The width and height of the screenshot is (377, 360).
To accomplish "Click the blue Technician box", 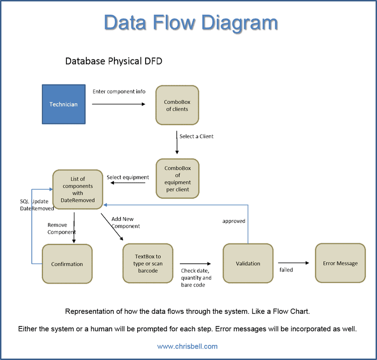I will (x=64, y=104).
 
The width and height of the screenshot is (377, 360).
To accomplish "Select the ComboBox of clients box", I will (x=177, y=106).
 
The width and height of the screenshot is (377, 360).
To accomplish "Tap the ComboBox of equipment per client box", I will (x=177, y=178).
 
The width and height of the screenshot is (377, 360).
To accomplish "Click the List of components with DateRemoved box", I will (x=78, y=190).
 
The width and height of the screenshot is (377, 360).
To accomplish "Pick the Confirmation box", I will (x=67, y=264).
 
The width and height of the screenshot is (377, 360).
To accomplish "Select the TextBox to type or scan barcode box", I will (x=148, y=263).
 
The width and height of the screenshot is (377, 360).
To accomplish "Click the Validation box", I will (x=248, y=263).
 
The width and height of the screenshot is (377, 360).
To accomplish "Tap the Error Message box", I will (x=340, y=263).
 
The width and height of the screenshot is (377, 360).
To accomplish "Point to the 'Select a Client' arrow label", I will (x=197, y=136).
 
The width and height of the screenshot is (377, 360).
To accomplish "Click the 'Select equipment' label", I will (x=128, y=177).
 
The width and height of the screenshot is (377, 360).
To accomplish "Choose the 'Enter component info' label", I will (x=119, y=91).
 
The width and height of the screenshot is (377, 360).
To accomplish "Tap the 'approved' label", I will (x=234, y=220).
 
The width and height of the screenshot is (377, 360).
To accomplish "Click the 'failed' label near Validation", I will (x=286, y=270).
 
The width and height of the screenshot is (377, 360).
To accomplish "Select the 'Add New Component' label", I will (x=126, y=223).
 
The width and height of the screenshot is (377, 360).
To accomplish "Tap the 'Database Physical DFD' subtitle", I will (x=114, y=61).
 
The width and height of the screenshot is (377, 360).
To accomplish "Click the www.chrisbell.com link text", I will (x=188, y=346).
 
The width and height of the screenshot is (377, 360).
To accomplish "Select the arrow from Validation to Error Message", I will (x=293, y=262).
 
